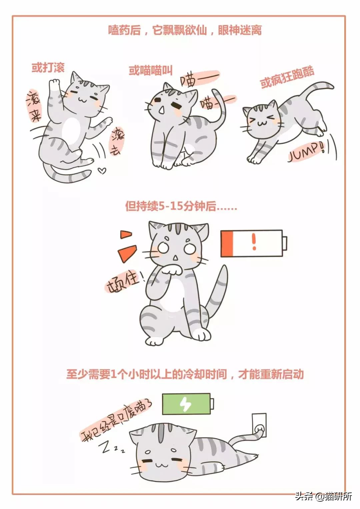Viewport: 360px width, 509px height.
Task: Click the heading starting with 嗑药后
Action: [x=185, y=30]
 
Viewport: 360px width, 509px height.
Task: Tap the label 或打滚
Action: [x=48, y=68]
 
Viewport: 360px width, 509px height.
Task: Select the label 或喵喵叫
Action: [x=151, y=70]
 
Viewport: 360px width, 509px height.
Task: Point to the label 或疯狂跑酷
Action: [x=287, y=78]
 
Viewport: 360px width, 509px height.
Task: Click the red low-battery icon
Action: [x=254, y=243]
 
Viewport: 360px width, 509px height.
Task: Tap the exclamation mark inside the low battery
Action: [x=254, y=241]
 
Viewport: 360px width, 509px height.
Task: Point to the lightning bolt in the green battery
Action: [x=185, y=404]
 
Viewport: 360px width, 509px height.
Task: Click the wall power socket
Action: [x=259, y=426]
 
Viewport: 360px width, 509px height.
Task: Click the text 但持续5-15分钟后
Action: [x=181, y=206]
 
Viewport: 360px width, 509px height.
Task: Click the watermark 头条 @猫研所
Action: [x=323, y=496]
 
